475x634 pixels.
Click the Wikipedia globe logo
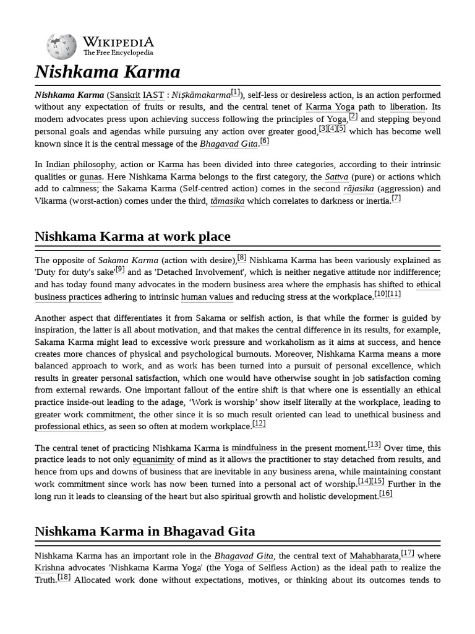click(61, 46)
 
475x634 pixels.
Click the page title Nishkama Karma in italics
click(108, 72)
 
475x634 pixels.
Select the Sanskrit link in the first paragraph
click(124, 95)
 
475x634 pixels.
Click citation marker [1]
click(236, 92)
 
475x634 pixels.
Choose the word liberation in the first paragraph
click(408, 107)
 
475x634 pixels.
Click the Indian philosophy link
click(80, 165)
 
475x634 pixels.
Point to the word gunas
click(90, 176)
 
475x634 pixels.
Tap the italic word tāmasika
click(228, 201)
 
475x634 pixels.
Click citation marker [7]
click(396, 198)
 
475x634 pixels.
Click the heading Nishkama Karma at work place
click(132, 237)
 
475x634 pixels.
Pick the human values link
click(207, 297)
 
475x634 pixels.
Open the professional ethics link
click(70, 427)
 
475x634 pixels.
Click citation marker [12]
click(259, 424)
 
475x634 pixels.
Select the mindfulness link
click(254, 448)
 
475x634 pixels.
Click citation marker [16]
click(386, 493)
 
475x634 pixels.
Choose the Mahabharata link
click(374, 556)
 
